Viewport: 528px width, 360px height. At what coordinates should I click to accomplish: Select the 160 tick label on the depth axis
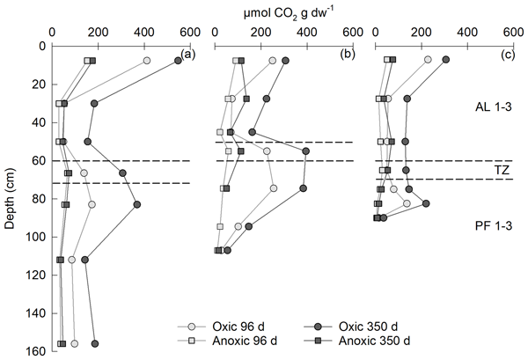click(34, 350)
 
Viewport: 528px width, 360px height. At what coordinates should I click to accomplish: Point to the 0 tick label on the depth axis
click(40, 46)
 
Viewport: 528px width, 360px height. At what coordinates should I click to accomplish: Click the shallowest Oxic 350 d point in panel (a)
click(178, 61)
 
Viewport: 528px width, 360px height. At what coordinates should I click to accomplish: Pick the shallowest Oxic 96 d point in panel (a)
click(147, 61)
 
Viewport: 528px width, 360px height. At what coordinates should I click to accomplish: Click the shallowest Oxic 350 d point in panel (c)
click(446, 60)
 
